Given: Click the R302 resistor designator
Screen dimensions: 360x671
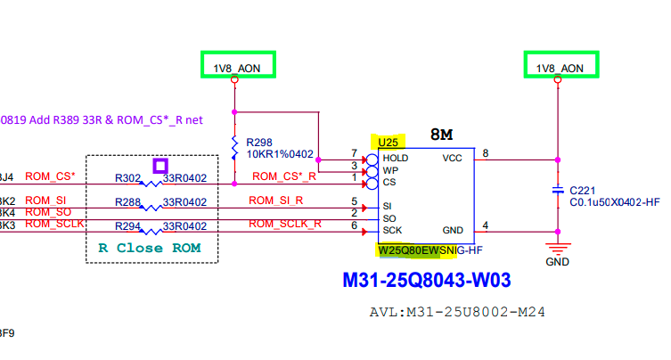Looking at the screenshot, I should pos(128,176).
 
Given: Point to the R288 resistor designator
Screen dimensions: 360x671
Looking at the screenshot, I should pos(128,202).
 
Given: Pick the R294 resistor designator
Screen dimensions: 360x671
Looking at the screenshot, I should pos(128,225).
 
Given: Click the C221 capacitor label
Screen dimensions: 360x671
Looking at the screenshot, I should pos(583,190).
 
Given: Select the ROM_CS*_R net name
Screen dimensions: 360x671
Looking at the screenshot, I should pos(284,176).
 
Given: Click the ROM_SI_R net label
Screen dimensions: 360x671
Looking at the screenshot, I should pos(276,200).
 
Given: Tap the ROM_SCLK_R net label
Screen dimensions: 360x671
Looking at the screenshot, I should pos(284,224).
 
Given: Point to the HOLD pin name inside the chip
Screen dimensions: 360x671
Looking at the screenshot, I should pos(396,158).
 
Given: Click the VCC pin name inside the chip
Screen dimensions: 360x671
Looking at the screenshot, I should pos(452,158).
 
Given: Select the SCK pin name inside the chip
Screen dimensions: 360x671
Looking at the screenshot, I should pos(392,230).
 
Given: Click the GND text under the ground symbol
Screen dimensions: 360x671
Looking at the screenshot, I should pos(557,263).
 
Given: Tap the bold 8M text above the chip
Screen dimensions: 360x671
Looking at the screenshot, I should pos(442,135).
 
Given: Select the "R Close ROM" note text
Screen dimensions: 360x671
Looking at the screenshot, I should pos(149,248).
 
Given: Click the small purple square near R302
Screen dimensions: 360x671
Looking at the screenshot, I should pos(160,166).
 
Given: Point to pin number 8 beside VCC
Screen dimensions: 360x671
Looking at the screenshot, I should pos(486,153).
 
